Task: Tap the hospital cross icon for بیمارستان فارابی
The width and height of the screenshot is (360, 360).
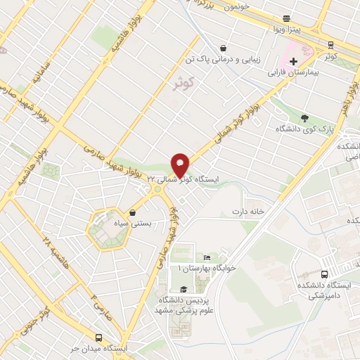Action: (293, 61)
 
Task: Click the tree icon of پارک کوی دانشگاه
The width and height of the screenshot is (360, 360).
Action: (304, 118)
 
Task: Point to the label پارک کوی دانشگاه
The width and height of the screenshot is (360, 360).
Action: (303, 129)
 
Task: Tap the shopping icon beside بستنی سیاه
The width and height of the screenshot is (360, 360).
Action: (133, 211)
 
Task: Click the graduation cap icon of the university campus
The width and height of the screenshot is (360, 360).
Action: (184, 289)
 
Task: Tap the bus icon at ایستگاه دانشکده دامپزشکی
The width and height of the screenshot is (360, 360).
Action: (323, 275)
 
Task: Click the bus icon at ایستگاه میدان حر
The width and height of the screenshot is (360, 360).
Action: (97, 337)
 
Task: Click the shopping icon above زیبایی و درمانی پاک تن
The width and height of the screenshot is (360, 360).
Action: (223, 49)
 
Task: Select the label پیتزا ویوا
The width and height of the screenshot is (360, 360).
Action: (286, 30)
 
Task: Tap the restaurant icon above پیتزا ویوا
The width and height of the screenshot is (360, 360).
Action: (286, 18)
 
